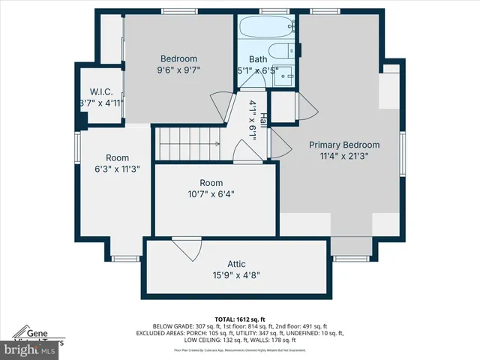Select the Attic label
[237, 264]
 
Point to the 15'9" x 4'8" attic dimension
[237, 275]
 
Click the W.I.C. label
[101, 92]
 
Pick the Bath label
[258, 59]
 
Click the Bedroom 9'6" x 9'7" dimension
[178, 70]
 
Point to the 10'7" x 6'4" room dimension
[211, 194]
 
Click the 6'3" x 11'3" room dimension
[117, 169]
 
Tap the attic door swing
[186, 249]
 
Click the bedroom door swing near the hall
[218, 105]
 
